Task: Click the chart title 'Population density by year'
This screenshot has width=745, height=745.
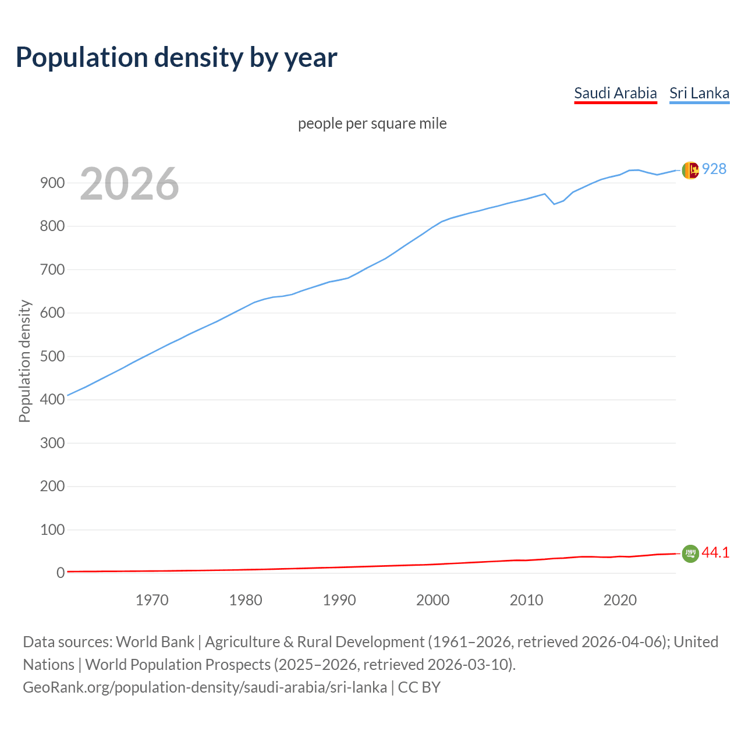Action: click(176, 58)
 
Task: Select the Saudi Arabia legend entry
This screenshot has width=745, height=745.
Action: click(615, 93)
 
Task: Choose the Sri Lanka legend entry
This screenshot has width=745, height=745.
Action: click(699, 93)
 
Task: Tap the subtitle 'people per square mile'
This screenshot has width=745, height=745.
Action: click(372, 123)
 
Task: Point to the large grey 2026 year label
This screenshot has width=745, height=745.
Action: click(129, 184)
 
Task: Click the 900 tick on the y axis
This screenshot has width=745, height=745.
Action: click(52, 183)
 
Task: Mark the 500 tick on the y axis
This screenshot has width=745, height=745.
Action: click(52, 356)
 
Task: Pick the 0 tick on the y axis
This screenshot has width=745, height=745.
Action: click(60, 573)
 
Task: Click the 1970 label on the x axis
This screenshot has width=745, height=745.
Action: click(152, 600)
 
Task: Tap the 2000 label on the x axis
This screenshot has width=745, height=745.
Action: click(432, 600)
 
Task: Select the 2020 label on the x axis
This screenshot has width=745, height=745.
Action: click(620, 600)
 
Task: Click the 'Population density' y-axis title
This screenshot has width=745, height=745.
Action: click(24, 361)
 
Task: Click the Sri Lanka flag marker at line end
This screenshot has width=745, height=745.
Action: click(690, 170)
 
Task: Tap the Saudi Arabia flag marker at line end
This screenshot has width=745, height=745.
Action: click(690, 554)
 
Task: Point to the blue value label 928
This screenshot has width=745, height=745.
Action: click(714, 169)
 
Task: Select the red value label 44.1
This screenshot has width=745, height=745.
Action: click(715, 552)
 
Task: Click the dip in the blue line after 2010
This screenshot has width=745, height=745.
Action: click(554, 204)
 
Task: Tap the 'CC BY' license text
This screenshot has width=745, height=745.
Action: click(419, 687)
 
